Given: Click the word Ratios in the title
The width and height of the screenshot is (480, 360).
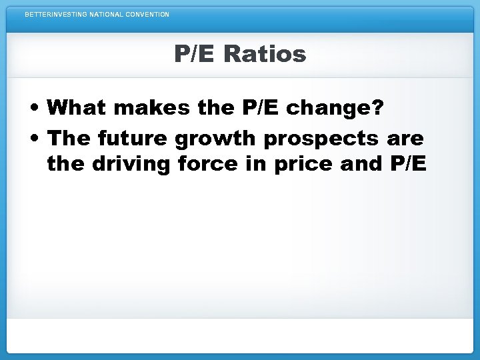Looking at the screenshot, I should [x=265, y=53].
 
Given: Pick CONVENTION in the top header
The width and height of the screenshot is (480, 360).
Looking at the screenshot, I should [x=148, y=14].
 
